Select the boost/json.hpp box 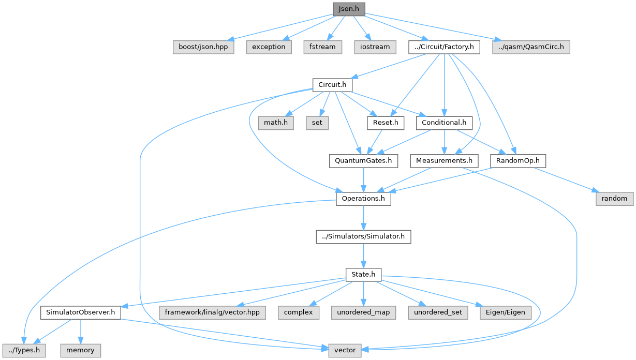coord(203,47)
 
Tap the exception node coord(269,47)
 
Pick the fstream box coord(322,47)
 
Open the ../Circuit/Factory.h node coord(444,47)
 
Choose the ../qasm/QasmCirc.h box coord(531,47)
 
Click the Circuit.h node coord(332,84)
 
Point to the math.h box coord(276,123)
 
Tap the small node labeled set coord(317,123)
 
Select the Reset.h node coord(385,123)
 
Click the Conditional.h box coord(444,123)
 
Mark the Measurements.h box coord(444,161)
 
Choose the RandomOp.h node coord(517,161)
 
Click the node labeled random coord(614,199)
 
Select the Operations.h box coord(363,199)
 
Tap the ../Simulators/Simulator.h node coord(363,237)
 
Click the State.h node coord(363,274)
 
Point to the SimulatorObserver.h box coord(80,312)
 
